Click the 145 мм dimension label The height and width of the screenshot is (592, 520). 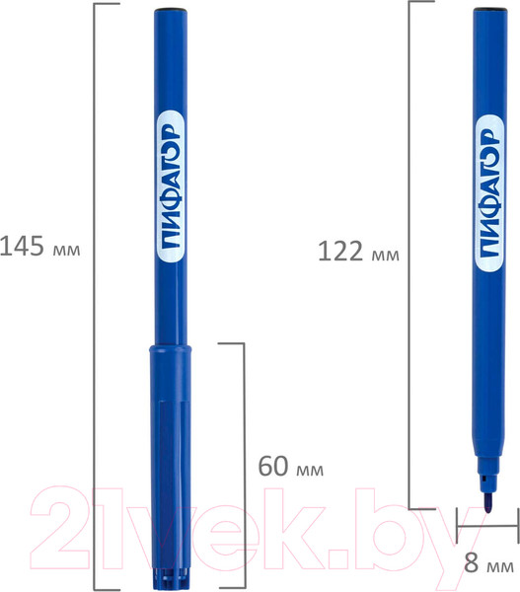40,246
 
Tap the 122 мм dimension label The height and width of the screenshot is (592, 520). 358,252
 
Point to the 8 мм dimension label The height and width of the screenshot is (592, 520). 488,563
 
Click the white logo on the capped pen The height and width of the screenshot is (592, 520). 171,190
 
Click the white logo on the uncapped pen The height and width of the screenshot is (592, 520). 489,192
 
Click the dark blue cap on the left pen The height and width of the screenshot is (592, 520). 171,467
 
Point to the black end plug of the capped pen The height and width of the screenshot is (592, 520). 171,9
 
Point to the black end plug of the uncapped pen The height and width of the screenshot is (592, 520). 490,9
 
